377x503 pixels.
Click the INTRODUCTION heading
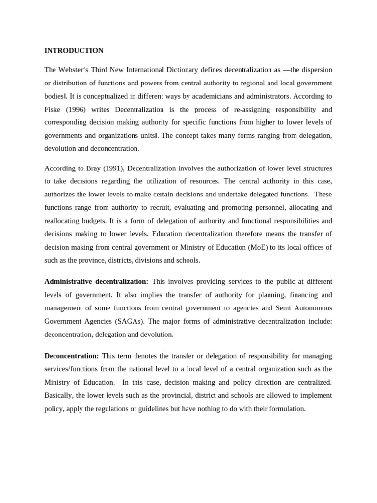[74, 51]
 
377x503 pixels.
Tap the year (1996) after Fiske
[74, 109]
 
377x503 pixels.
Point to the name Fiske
[53, 109]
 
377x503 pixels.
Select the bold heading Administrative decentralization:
[96, 282]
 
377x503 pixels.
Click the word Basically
[59, 395]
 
